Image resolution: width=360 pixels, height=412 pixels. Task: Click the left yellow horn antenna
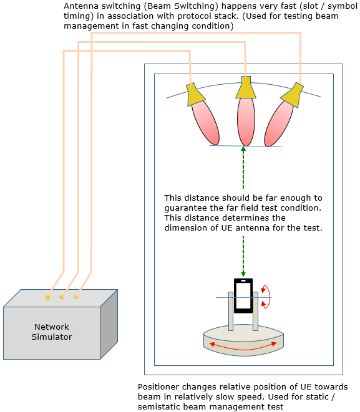pyautogui.click(x=195, y=95)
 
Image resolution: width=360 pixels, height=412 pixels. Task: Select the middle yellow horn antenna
pyautogui.click(x=246, y=87)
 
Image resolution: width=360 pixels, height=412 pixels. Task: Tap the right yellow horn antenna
pyautogui.click(x=293, y=95)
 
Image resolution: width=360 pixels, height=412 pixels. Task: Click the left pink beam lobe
pyautogui.click(x=205, y=123)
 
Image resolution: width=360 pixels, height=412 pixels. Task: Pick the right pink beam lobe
pyautogui.click(x=278, y=123)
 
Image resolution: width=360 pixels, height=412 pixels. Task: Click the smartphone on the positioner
pyautogui.click(x=243, y=295)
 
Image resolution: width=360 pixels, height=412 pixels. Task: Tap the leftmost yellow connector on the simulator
pyautogui.click(x=47, y=297)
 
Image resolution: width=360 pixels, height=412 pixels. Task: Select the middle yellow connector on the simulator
pyautogui.click(x=62, y=297)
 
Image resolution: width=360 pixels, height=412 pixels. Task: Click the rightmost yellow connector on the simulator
pyautogui.click(x=75, y=297)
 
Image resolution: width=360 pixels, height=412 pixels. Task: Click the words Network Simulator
pyautogui.click(x=52, y=332)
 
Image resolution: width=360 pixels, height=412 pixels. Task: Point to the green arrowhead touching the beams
pyautogui.click(x=243, y=149)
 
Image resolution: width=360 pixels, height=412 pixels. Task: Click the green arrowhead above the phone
pyautogui.click(x=243, y=274)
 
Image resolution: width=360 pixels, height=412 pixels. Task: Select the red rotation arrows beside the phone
pyautogui.click(x=266, y=297)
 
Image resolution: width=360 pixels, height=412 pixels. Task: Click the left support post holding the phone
pyautogui.click(x=231, y=312)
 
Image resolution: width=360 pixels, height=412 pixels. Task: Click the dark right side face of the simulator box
pyautogui.click(x=109, y=324)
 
